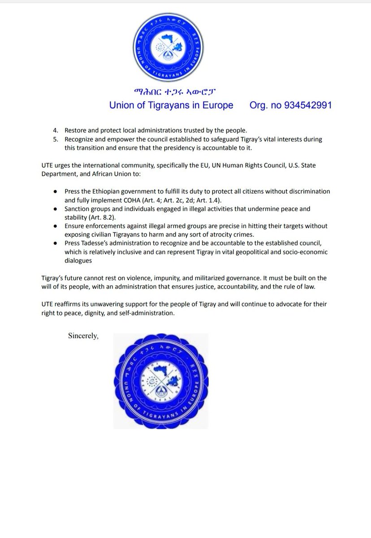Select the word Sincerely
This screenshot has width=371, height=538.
tap(83, 335)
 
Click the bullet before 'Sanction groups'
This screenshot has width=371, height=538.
tap(55, 209)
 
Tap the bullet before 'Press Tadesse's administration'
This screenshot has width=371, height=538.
tap(55, 243)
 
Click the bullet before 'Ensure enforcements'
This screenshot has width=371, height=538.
tap(55, 226)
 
